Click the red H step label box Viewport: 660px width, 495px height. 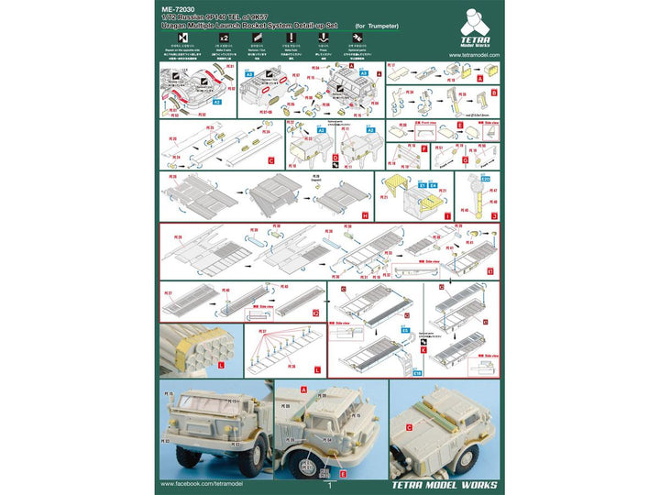coord(365,214)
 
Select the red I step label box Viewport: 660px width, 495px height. coord(446,214)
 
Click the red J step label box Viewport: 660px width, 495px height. coord(494,214)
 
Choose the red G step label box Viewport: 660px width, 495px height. coord(463,161)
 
